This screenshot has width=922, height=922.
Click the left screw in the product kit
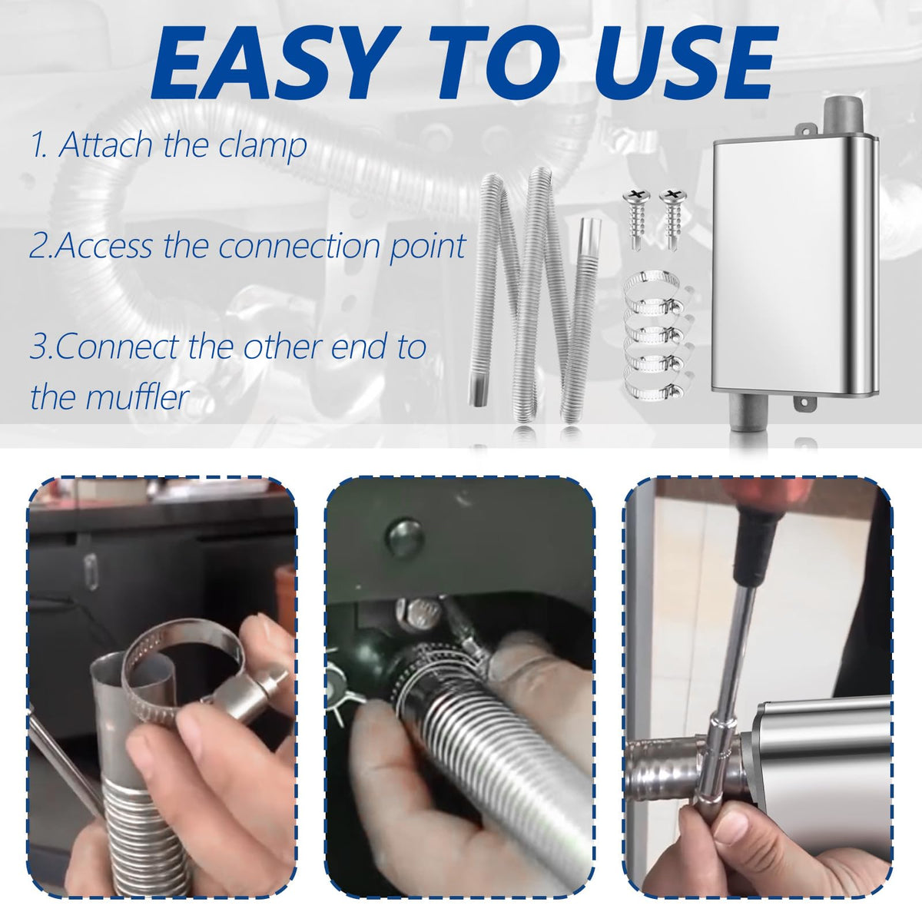coord(636,217)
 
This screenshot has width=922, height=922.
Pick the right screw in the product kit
coord(672,217)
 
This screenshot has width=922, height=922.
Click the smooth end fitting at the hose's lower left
coord(478,390)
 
